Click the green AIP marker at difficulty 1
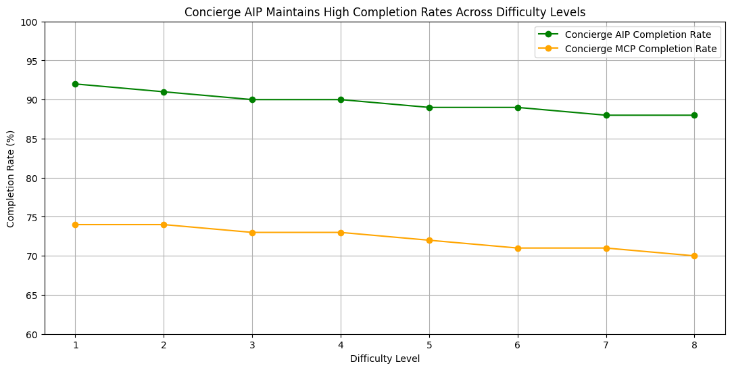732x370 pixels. pyautogui.click(x=75, y=84)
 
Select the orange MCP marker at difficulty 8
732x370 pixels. pyautogui.click(x=694, y=256)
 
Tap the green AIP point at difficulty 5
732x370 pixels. pyautogui.click(x=429, y=108)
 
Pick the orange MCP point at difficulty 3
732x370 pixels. pyautogui.click(x=252, y=233)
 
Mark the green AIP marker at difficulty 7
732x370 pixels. pyautogui.click(x=606, y=115)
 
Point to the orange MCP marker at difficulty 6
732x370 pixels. pyautogui.click(x=518, y=248)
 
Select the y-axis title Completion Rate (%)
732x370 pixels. pyautogui.click(x=11, y=178)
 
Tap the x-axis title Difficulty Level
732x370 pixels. pyautogui.click(x=385, y=359)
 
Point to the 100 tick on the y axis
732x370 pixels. pyautogui.click(x=32, y=22)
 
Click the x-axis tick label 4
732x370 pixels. pyautogui.click(x=341, y=345)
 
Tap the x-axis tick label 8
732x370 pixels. pyautogui.click(x=694, y=345)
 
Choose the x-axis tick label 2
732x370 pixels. pyautogui.click(x=164, y=345)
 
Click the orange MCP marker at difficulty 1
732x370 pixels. pyautogui.click(x=75, y=225)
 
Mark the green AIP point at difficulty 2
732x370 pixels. pyautogui.click(x=164, y=92)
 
